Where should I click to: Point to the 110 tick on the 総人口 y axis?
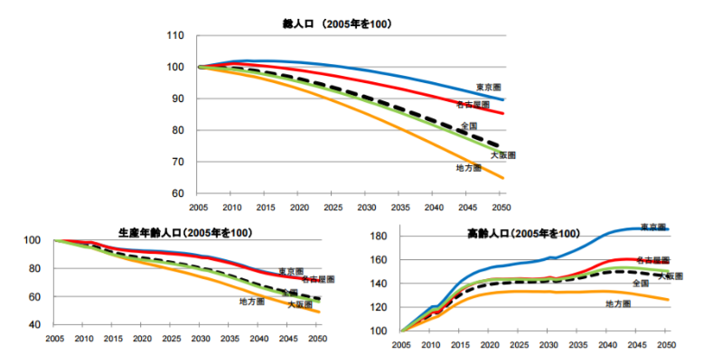pos(176,36)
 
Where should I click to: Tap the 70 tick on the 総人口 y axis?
pos(179,163)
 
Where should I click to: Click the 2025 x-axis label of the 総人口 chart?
pos(332,207)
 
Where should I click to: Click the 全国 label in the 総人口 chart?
pos(469,126)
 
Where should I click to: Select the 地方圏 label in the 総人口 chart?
pos(468,169)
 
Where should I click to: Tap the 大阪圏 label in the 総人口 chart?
pos(502,155)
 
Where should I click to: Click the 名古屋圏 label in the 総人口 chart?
pos(473,106)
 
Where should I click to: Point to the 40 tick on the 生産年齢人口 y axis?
pos(33,324)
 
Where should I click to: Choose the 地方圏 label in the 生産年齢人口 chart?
pos(253,301)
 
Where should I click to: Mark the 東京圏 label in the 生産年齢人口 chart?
pos(291,271)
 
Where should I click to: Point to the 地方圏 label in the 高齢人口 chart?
pos(616,304)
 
